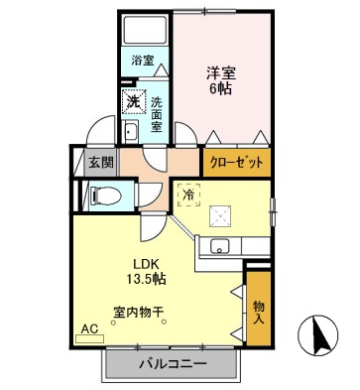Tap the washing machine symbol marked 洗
(132, 101)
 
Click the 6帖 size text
(220, 89)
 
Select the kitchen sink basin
(220, 247)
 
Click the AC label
(89, 327)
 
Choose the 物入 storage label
(258, 313)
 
